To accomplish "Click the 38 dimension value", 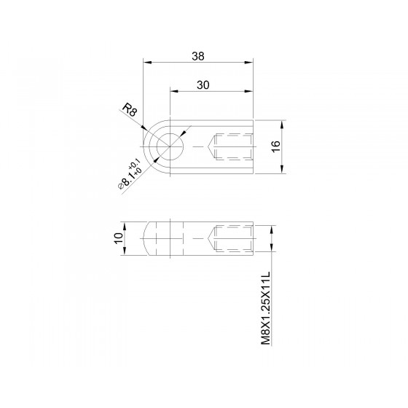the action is [x=198, y=56].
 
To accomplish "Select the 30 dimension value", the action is [x=203, y=85].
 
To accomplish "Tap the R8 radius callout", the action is [x=130, y=109].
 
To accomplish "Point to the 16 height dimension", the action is [x=276, y=146].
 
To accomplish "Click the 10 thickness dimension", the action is [x=118, y=238].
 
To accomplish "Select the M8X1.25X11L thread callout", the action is [x=266, y=308].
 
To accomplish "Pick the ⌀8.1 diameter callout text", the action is [x=130, y=174].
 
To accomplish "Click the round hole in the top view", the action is [x=170, y=146].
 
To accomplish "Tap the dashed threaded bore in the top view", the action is [x=230, y=146].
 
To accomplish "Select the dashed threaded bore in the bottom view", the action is [x=230, y=238].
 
